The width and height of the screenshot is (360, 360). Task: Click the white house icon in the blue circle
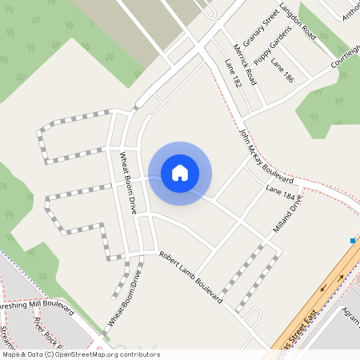click(180, 172)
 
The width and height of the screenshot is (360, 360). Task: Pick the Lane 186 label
click(282, 72)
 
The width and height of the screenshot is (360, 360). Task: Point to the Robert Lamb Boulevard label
click(190, 276)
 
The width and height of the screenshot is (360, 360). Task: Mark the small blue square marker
click(353, 240)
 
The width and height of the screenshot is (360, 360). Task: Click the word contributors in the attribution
click(138, 354)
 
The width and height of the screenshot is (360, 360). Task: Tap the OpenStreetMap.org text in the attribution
click(84, 354)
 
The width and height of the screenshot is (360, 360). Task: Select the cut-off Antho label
click(351, 13)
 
